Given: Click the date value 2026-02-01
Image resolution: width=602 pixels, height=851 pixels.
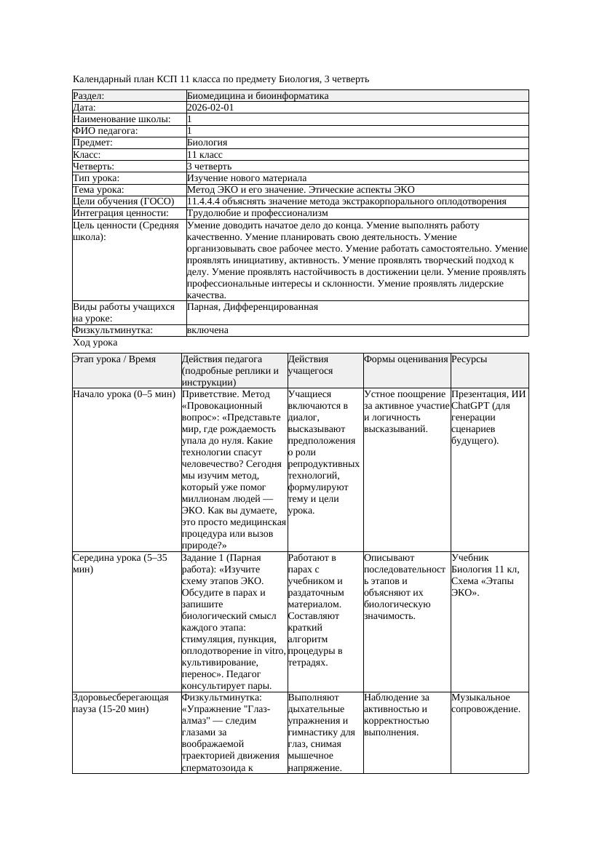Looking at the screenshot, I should [210, 108].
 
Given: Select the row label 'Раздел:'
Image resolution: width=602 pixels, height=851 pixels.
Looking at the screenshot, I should [89, 96].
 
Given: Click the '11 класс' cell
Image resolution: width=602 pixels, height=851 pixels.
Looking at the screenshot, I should [205, 155].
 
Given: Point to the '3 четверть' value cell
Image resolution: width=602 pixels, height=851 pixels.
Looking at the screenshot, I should [209, 167].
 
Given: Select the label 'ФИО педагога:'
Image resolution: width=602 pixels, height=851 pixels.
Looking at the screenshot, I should [106, 131].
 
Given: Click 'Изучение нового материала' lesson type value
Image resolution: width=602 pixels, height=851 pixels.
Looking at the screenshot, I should [246, 178].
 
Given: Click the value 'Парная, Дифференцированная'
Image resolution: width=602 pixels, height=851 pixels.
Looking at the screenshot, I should [252, 307].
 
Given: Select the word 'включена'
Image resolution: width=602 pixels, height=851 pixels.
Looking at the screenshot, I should [207, 330].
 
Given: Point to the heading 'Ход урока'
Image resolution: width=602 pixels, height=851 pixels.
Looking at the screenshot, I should [95, 342].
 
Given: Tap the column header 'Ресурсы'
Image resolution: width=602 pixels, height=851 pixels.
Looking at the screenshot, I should [469, 359].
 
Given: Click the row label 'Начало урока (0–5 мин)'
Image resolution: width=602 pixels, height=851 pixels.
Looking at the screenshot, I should [124, 394].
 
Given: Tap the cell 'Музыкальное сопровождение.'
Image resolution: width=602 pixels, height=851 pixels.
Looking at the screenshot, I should [486, 703].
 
